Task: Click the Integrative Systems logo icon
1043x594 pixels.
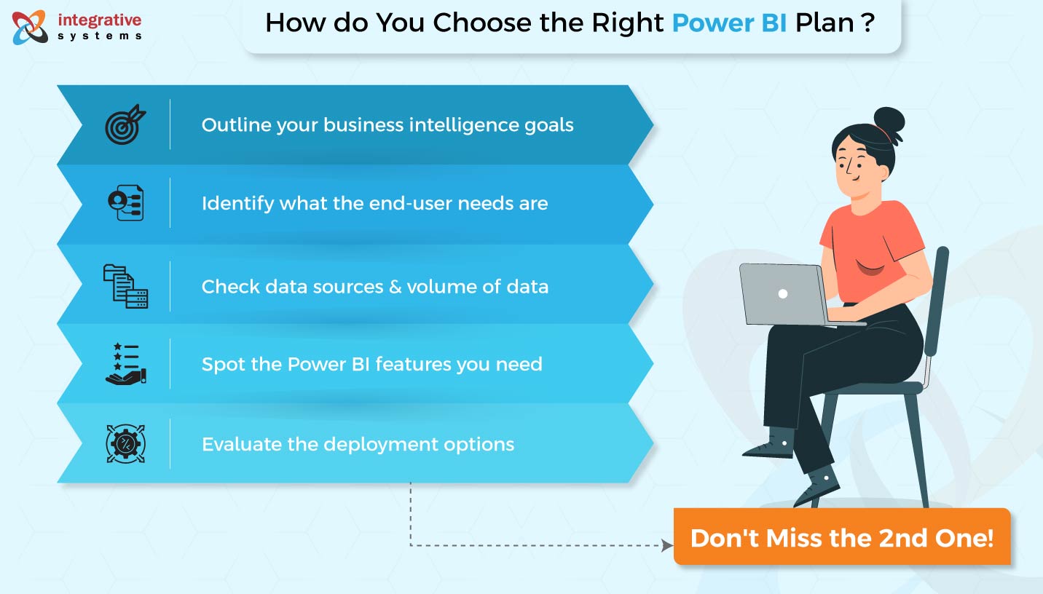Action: [x=29, y=26]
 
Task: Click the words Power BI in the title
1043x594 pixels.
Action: [x=729, y=23]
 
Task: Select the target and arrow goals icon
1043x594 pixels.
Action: [x=125, y=124]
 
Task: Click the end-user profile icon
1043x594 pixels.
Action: [x=125, y=203]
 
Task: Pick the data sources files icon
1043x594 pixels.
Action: [x=125, y=286]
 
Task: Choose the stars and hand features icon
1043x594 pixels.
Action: [x=125, y=364]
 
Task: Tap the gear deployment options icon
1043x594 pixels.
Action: [x=125, y=443]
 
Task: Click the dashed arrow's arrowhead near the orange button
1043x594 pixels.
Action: [x=666, y=545]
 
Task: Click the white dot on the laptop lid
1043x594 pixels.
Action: [x=783, y=294]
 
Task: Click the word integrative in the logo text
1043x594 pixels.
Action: [x=99, y=20]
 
